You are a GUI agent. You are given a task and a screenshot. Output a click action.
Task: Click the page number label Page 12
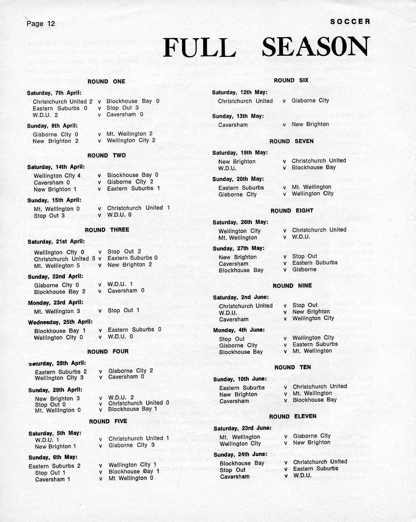(x=41, y=23)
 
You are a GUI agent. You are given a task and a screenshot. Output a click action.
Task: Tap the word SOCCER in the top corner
(x=350, y=21)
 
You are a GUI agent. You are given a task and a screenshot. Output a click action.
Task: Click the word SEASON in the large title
(x=315, y=47)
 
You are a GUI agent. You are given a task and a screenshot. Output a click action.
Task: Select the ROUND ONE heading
(x=106, y=81)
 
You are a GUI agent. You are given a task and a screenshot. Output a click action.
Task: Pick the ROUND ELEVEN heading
(x=293, y=416)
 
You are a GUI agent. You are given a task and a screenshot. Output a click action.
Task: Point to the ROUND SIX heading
(x=291, y=80)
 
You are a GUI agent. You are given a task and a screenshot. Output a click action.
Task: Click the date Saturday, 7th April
(x=54, y=93)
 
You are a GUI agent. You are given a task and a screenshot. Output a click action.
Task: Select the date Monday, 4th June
(x=239, y=330)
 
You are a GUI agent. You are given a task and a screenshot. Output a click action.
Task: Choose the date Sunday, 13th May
(x=238, y=116)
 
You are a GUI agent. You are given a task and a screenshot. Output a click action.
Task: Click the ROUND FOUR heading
(x=108, y=351)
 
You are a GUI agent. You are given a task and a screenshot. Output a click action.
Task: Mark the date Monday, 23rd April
(x=55, y=303)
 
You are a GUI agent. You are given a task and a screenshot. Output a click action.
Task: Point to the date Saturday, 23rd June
(x=242, y=428)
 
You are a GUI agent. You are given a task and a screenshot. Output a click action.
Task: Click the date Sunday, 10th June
(x=240, y=379)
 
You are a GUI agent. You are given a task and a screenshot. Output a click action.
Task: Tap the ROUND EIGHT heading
(x=292, y=211)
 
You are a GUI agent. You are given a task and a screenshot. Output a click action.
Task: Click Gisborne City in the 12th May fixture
(x=310, y=101)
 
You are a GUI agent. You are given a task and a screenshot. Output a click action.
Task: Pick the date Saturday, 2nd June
(x=241, y=297)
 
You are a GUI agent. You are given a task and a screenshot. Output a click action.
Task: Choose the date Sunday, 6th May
(x=53, y=457)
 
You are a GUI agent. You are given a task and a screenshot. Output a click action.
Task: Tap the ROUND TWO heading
(x=107, y=155)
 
